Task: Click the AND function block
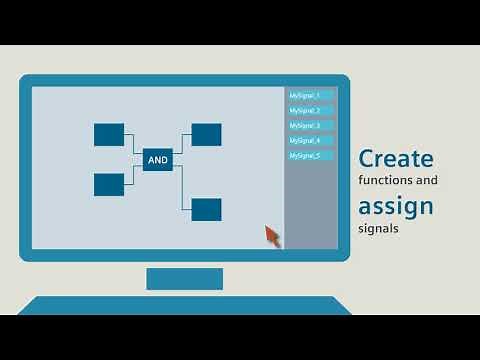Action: pos(157,159)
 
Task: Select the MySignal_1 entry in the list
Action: pos(310,95)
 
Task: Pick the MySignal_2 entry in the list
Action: pos(310,110)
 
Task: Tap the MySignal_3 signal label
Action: pos(310,125)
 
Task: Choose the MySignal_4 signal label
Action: pos(310,140)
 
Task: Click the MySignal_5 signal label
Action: pos(310,155)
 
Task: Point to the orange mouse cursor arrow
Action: pos(272,235)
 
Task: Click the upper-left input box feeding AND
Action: pos(109,134)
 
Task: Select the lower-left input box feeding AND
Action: pos(109,184)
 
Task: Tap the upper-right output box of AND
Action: pos(206,134)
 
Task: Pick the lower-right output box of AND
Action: pos(206,209)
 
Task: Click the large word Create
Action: pos(396,158)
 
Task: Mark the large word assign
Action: pos(396,207)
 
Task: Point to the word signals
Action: pos(378,228)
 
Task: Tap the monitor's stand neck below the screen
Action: pos(184,278)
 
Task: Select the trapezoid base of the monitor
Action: pos(184,305)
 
